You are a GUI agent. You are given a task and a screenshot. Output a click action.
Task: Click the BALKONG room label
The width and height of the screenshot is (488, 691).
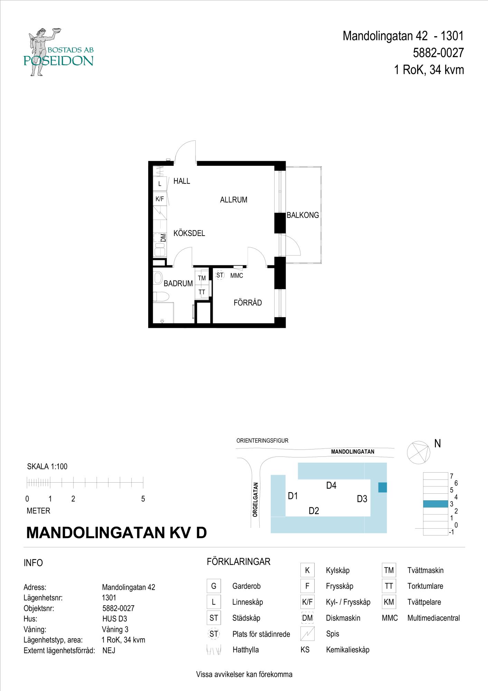tap(303, 215)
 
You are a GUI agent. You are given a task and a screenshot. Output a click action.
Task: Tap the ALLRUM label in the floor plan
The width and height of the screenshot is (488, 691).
tap(233, 200)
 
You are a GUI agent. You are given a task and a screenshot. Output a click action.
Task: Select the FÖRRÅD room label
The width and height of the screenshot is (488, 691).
tap(248, 303)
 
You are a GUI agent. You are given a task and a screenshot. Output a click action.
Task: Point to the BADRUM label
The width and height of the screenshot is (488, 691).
tap(178, 284)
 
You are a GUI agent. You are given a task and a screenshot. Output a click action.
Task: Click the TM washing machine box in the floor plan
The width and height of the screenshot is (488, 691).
tap(202, 278)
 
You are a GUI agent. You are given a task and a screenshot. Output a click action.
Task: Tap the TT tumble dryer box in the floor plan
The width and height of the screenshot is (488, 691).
tap(202, 292)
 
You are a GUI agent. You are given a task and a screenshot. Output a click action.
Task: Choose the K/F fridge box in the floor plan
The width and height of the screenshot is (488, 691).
tap(160, 199)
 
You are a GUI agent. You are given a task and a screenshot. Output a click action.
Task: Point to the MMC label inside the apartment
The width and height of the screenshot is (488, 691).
tap(237, 276)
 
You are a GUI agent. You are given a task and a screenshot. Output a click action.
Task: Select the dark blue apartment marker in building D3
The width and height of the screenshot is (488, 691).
tap(382, 488)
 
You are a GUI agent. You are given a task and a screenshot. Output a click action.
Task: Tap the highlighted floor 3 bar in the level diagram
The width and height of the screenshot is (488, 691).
tap(435, 504)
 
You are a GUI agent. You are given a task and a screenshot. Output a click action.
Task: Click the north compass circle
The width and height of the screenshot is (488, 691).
tap(418, 452)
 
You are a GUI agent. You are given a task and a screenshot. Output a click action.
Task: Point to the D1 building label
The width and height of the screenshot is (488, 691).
tap(293, 496)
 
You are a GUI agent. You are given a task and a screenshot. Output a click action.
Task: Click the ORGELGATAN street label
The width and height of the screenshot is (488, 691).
tap(255, 500)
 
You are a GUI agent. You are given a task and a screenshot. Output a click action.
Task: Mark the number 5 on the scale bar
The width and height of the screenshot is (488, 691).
tap(143, 499)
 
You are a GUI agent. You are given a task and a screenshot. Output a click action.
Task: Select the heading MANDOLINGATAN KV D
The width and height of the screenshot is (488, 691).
tap(116, 533)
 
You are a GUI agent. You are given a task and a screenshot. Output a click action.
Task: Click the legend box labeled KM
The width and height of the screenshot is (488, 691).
tap(389, 602)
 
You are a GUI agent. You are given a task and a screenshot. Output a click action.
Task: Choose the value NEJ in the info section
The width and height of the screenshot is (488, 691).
tap(109, 651)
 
